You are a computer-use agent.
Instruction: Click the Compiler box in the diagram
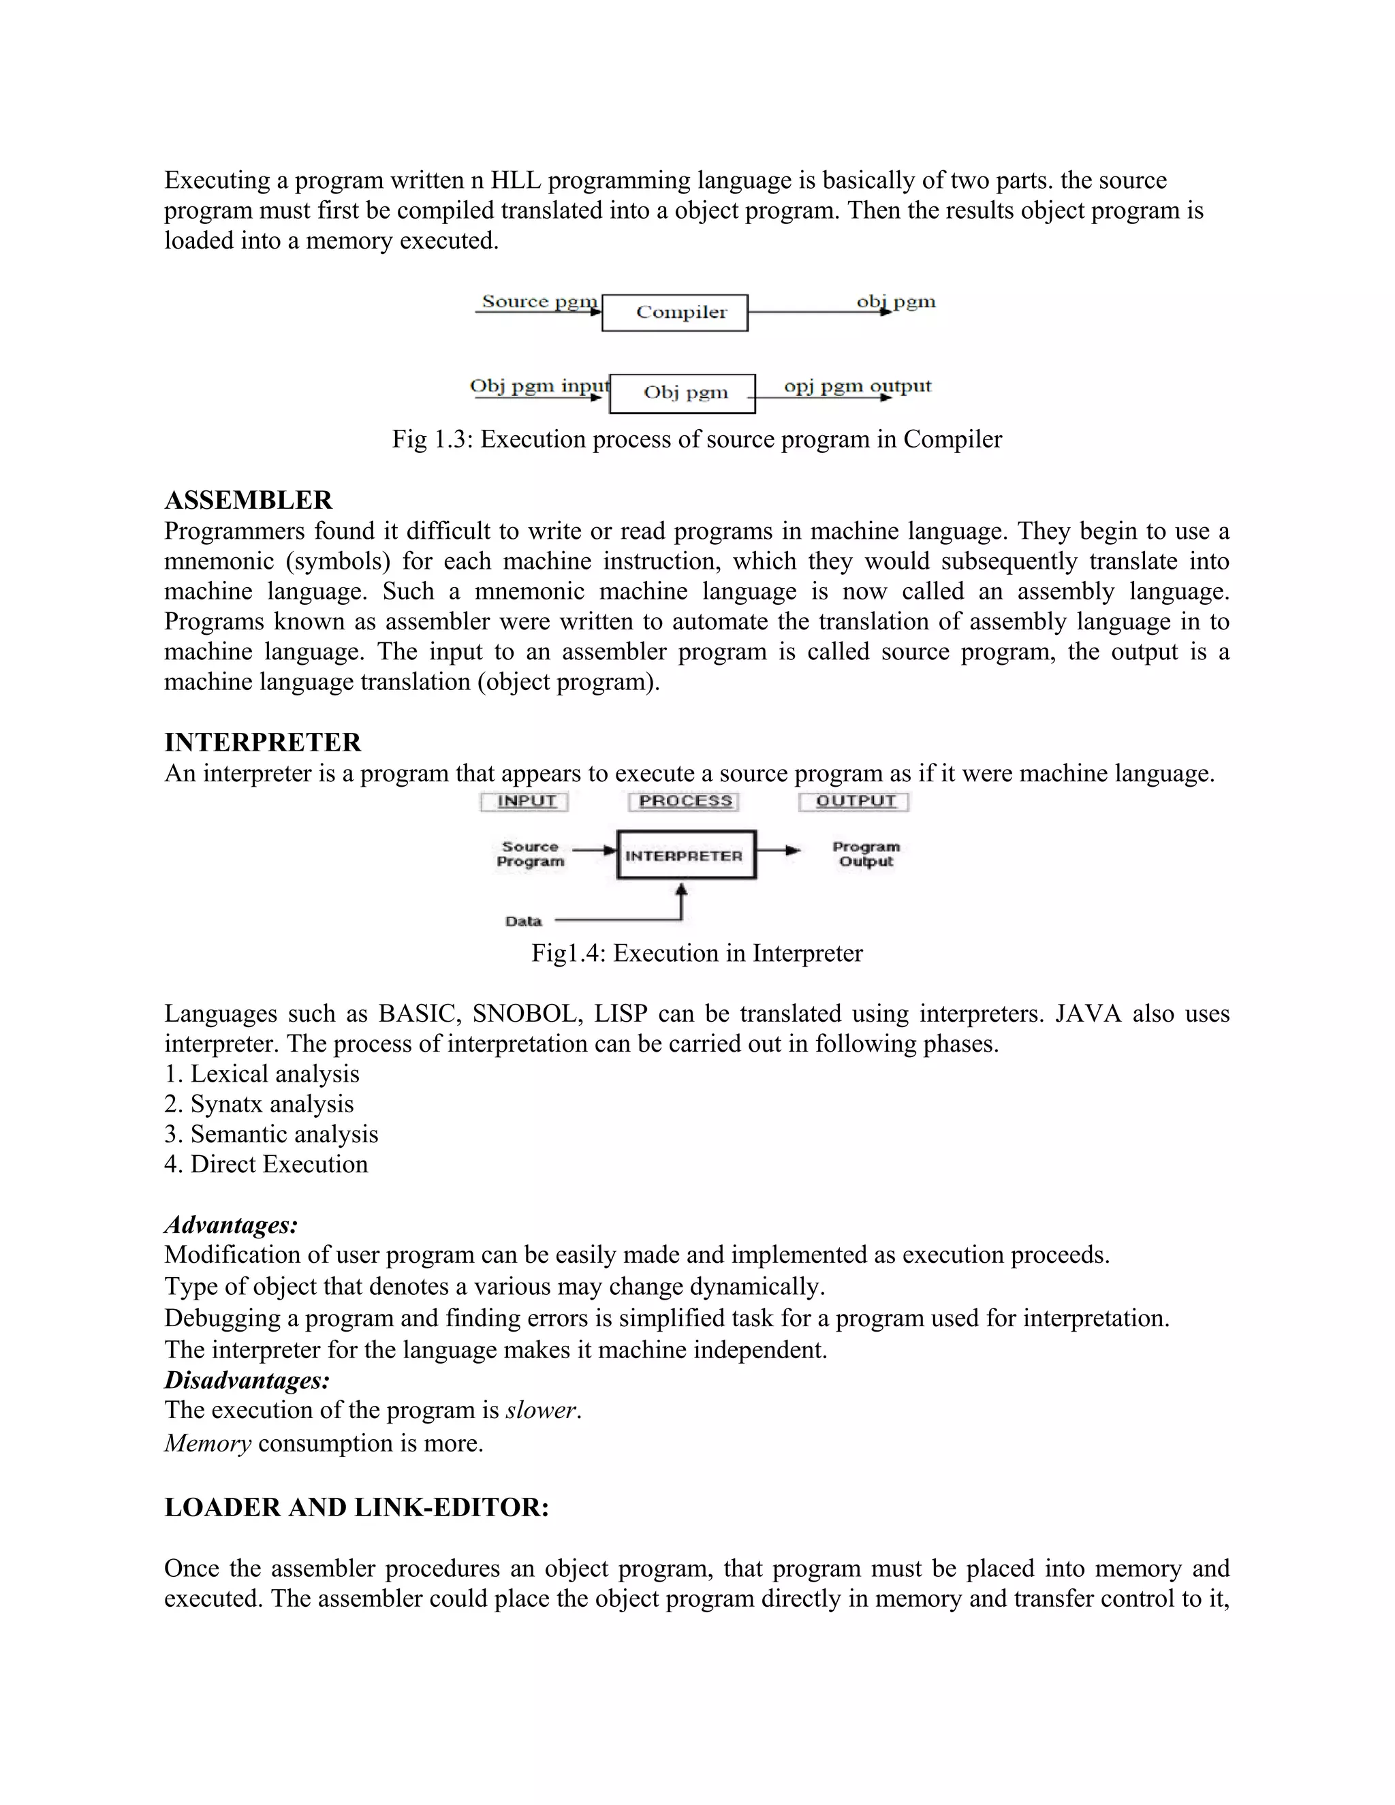(x=674, y=313)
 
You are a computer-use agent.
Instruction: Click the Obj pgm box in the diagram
(x=683, y=392)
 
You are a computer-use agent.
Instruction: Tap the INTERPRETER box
(x=686, y=856)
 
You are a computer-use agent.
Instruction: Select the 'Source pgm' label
(x=539, y=302)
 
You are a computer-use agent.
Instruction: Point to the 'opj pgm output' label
(x=857, y=386)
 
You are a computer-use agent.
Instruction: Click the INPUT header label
(x=524, y=801)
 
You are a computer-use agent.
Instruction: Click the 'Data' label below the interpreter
(x=523, y=921)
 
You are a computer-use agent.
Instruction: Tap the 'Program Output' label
(x=865, y=853)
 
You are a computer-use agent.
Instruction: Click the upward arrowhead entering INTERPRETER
(x=682, y=890)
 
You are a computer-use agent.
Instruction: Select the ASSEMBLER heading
(x=248, y=500)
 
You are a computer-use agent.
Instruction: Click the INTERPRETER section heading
(x=263, y=742)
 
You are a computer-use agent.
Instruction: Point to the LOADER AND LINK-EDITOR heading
(x=356, y=1507)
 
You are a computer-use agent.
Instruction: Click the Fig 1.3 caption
(x=696, y=439)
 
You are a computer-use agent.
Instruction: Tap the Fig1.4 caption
(x=696, y=953)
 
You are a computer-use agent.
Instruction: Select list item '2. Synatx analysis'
(x=259, y=1104)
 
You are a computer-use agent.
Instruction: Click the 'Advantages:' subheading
(x=231, y=1225)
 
